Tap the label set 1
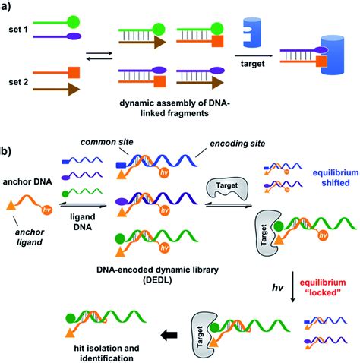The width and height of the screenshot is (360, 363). click(20, 44)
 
